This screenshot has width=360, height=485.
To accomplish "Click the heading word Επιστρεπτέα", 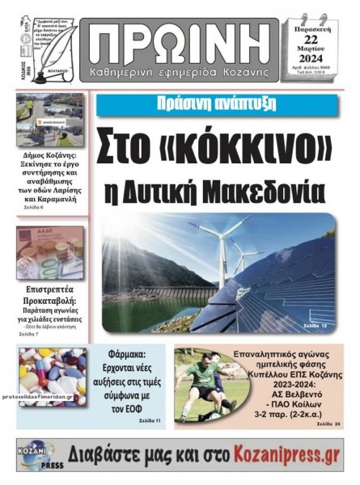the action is (x=50, y=286).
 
